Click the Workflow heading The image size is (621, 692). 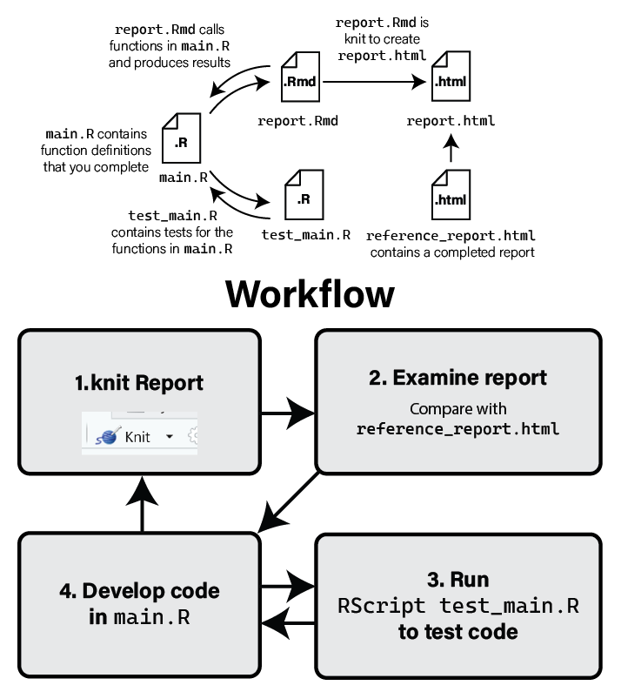tap(310, 294)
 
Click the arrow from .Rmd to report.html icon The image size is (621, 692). tap(374, 83)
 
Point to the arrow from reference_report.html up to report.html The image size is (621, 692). tap(451, 151)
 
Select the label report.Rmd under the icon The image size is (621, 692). tap(297, 121)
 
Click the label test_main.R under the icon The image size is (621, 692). tap(306, 234)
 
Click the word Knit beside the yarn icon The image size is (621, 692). tap(137, 437)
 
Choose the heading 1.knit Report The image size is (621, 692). tap(139, 382)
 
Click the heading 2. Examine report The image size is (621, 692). tap(457, 378)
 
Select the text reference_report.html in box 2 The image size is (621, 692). tap(457, 429)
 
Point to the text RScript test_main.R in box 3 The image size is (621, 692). tap(457, 606)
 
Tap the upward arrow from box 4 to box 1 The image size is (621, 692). tap(141, 503)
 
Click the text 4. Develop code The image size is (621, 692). tap(139, 591)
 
